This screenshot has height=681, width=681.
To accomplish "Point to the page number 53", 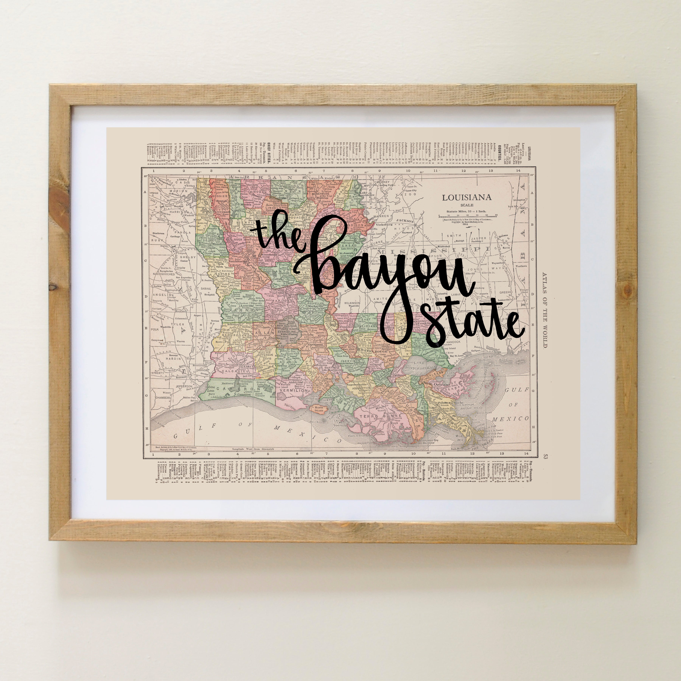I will pyautogui.click(x=546, y=457).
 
